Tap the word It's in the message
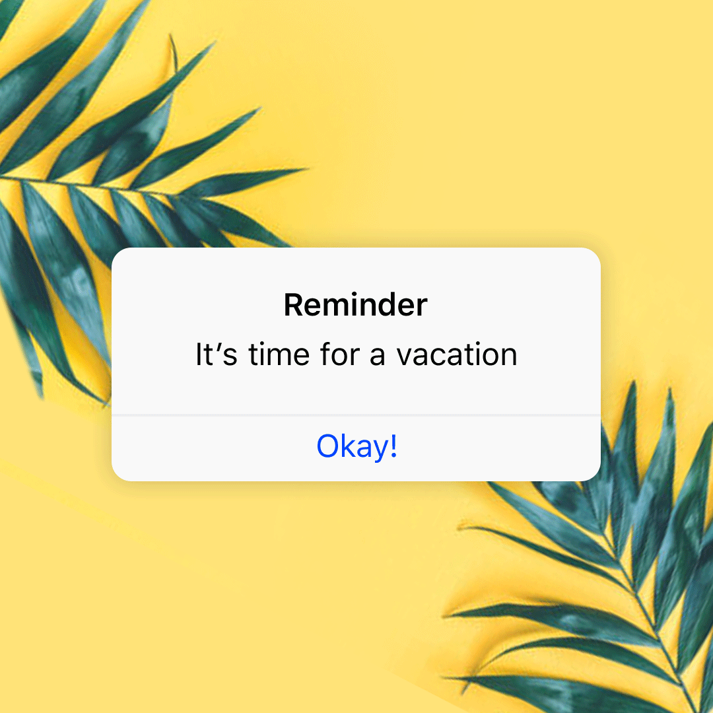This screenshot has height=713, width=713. click(x=215, y=355)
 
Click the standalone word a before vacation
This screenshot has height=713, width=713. click(x=377, y=357)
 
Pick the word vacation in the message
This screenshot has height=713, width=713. click(x=456, y=355)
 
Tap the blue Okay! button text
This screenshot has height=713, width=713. click(x=356, y=446)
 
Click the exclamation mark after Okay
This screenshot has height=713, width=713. click(x=393, y=446)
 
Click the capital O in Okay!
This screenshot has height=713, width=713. click(x=327, y=447)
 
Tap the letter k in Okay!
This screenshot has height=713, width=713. click(x=346, y=446)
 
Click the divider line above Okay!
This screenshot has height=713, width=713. click(x=356, y=415)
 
